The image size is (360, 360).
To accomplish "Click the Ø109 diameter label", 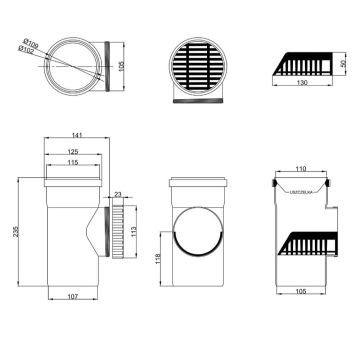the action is pos(31,43).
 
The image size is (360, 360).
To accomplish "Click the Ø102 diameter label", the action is pos(26,49).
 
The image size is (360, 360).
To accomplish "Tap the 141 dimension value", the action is pos(77,135).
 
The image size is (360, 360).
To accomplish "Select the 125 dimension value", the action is pos(73,152).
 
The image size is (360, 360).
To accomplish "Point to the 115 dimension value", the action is pos(73,162).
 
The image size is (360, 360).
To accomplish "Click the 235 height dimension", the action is pos(15,231).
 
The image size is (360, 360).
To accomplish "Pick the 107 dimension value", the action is pos(73,296).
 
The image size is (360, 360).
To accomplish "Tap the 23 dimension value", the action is pos(117,194).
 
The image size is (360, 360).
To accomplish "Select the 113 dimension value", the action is pos(133,232).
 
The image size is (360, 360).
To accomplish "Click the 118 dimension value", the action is pos(158,259).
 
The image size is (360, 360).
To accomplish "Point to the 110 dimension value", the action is pos(301,169).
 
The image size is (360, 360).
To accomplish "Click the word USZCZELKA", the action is pos(301,192).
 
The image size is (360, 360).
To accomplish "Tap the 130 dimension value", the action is pos(302,82).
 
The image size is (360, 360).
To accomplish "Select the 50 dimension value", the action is pos(343,63).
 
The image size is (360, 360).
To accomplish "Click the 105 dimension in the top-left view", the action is pos(121,66).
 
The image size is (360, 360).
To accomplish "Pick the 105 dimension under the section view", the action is pos(301,291).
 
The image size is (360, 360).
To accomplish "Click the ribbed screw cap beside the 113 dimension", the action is pos(118,232).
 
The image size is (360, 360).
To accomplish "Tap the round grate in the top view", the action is pos(198,66).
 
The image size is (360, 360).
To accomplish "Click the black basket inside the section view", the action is pos(307,243).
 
